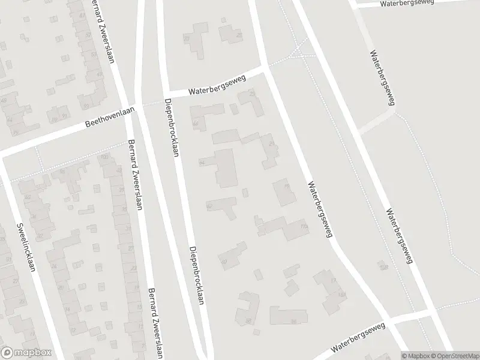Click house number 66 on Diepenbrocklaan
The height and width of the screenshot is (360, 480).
[196, 124]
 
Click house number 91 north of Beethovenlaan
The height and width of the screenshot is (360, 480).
[64, 116]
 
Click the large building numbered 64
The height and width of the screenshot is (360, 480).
[225, 169]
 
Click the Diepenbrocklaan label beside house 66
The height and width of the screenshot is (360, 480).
[172, 127]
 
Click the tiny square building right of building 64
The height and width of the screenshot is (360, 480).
[245, 193]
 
